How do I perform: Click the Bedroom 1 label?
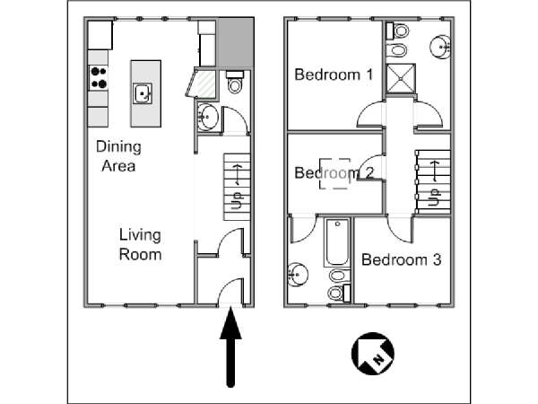pos(334,75)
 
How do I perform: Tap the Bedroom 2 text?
pos(334,172)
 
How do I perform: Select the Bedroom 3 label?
pos(401,259)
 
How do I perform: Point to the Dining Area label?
pos(118,156)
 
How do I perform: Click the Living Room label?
pos(140,244)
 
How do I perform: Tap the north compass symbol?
pos(373,353)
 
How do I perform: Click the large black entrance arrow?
pos(230,347)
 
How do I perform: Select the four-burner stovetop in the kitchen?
pos(99,77)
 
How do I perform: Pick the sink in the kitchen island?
pos(143,93)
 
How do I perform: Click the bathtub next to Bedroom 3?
pos(337,242)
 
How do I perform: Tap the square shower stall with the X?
pos(401,78)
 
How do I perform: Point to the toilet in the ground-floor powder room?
pos(235,82)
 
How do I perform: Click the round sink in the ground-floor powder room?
pos(207,117)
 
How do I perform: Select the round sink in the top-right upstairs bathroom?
pos(440,47)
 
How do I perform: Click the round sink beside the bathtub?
pos(298,275)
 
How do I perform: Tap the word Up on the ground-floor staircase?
pos(237,200)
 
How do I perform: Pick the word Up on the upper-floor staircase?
pos(434,198)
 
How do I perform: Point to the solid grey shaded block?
pos(235,42)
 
